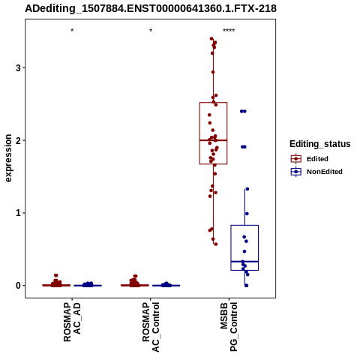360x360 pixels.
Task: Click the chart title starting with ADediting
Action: pos(151,8)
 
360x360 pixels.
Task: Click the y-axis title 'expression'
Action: pos(8,158)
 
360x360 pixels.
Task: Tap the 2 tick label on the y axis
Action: pos(18,140)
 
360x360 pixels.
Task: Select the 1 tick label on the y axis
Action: pos(18,213)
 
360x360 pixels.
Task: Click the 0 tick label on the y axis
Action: pos(18,285)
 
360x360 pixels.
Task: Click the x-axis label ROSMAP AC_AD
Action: pos(72,322)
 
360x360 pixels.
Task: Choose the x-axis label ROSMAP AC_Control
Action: pos(151,327)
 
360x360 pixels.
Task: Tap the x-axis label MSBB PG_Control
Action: pos(229,326)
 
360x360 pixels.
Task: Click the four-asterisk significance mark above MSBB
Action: pos(229,31)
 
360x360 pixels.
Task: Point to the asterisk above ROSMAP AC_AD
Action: pos(72,31)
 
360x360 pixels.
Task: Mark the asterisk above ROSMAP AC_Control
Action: pos(151,31)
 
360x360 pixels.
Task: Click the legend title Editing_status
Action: pos(320,144)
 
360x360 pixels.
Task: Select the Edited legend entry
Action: pos(310,159)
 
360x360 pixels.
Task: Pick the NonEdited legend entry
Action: pos(316,172)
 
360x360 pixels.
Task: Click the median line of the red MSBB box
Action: pos(213,140)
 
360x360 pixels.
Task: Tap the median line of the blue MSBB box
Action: pos(244,262)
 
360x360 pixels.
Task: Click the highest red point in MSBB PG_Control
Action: pos(211,39)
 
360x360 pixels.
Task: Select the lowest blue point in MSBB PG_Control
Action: pos(246,286)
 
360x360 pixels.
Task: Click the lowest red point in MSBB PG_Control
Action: pos(216,244)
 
